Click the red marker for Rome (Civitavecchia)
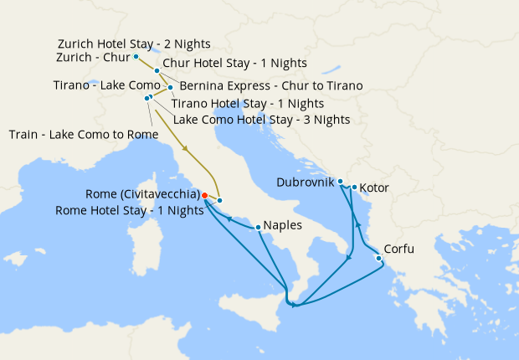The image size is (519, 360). [205, 195]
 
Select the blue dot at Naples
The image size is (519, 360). [258, 226]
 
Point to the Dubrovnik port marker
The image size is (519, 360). [341, 181]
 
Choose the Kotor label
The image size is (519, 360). [373, 188]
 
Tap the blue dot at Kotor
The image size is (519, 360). [355, 188]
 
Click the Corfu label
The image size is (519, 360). [398, 249]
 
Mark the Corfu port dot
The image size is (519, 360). [379, 258]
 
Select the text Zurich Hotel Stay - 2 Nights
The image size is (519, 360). [134, 43]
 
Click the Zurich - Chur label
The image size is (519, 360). [93, 57]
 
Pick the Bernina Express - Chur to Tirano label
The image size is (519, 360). [270, 86]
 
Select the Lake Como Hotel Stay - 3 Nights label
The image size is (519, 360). [261, 120]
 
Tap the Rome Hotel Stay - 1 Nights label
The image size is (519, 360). [130, 210]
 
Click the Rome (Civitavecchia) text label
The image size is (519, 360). [141, 194]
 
